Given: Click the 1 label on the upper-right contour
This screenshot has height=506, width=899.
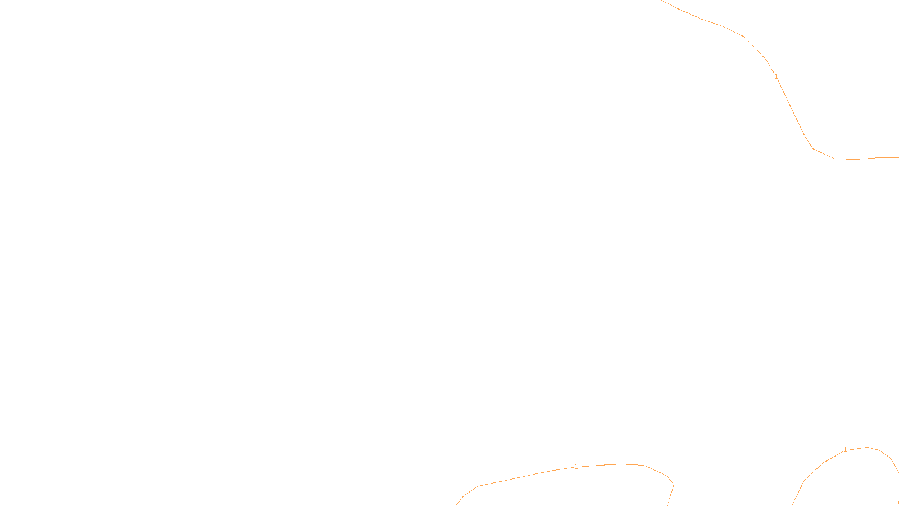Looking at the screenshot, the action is pos(776,76).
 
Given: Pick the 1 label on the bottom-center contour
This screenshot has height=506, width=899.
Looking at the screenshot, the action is pos(576,467).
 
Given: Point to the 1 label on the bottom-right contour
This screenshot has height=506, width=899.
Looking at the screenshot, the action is pos(845,450).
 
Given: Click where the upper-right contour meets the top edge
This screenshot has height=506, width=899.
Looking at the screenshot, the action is pos(662,1).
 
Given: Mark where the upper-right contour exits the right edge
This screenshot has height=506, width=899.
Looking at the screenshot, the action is pos(898,157).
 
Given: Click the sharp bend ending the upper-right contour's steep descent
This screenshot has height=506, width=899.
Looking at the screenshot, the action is pos(812,148).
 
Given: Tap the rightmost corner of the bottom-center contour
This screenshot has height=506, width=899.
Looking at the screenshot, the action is pos(674,484).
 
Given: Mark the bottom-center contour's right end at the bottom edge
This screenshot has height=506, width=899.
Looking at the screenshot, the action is pos(668,505).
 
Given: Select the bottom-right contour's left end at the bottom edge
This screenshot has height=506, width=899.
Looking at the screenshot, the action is pos(792,505).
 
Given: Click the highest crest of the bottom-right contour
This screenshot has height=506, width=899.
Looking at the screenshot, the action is pos(867,447).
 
